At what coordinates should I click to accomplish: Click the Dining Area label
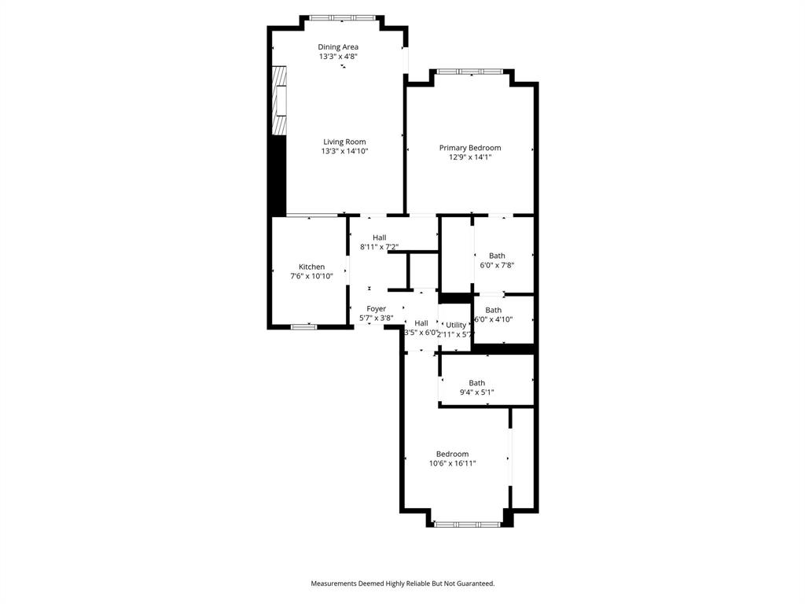coord(338,47)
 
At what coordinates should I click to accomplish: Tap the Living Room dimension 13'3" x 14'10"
coord(344,151)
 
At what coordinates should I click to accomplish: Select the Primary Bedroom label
coord(469,148)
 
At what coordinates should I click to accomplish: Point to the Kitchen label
coord(311,267)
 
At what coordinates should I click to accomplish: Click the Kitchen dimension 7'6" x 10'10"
coord(311,276)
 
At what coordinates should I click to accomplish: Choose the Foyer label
coord(376,309)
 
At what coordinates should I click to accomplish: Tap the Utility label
coord(456,325)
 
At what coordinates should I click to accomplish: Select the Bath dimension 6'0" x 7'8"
coord(497,265)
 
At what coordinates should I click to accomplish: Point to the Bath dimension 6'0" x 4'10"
coord(494,319)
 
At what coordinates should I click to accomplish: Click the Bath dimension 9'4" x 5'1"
coord(476,392)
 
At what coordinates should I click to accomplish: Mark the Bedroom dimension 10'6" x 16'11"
coord(452,463)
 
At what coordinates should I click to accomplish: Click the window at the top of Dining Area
coord(342,17)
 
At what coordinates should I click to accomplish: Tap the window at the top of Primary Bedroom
coord(470,72)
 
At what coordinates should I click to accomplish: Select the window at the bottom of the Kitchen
coord(304,326)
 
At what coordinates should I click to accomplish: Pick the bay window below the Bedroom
coord(467,524)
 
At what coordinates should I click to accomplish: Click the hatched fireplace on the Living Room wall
coord(278,101)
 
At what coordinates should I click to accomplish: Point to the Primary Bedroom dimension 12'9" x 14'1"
coord(469,157)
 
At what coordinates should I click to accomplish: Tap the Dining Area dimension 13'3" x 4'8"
coord(338,57)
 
